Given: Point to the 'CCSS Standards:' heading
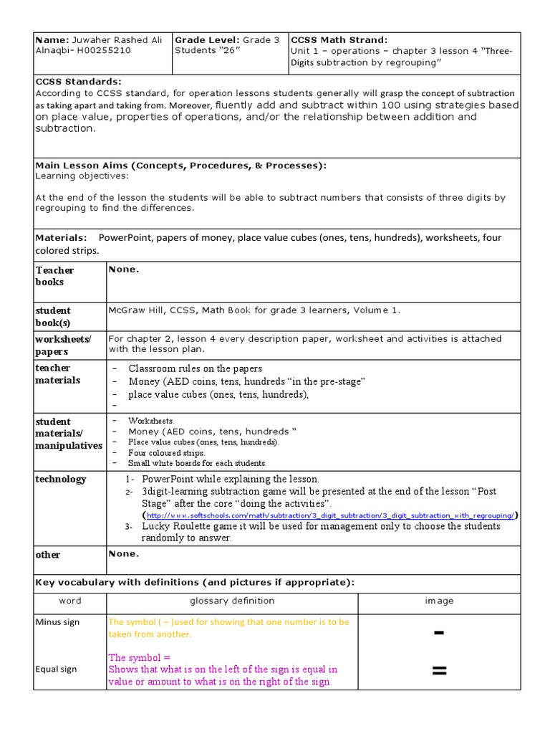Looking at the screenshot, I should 79,82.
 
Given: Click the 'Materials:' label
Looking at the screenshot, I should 62,238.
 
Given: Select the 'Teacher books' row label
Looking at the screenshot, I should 54,276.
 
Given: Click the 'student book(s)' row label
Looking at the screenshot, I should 53,316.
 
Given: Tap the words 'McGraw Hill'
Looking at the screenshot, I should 135,310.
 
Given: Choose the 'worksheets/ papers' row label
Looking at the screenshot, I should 63,345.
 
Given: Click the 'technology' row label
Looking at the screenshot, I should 61,479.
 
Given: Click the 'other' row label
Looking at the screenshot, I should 48,555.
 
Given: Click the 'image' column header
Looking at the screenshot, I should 439,601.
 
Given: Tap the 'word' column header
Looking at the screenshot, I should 69,601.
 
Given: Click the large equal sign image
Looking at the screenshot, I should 439,671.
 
